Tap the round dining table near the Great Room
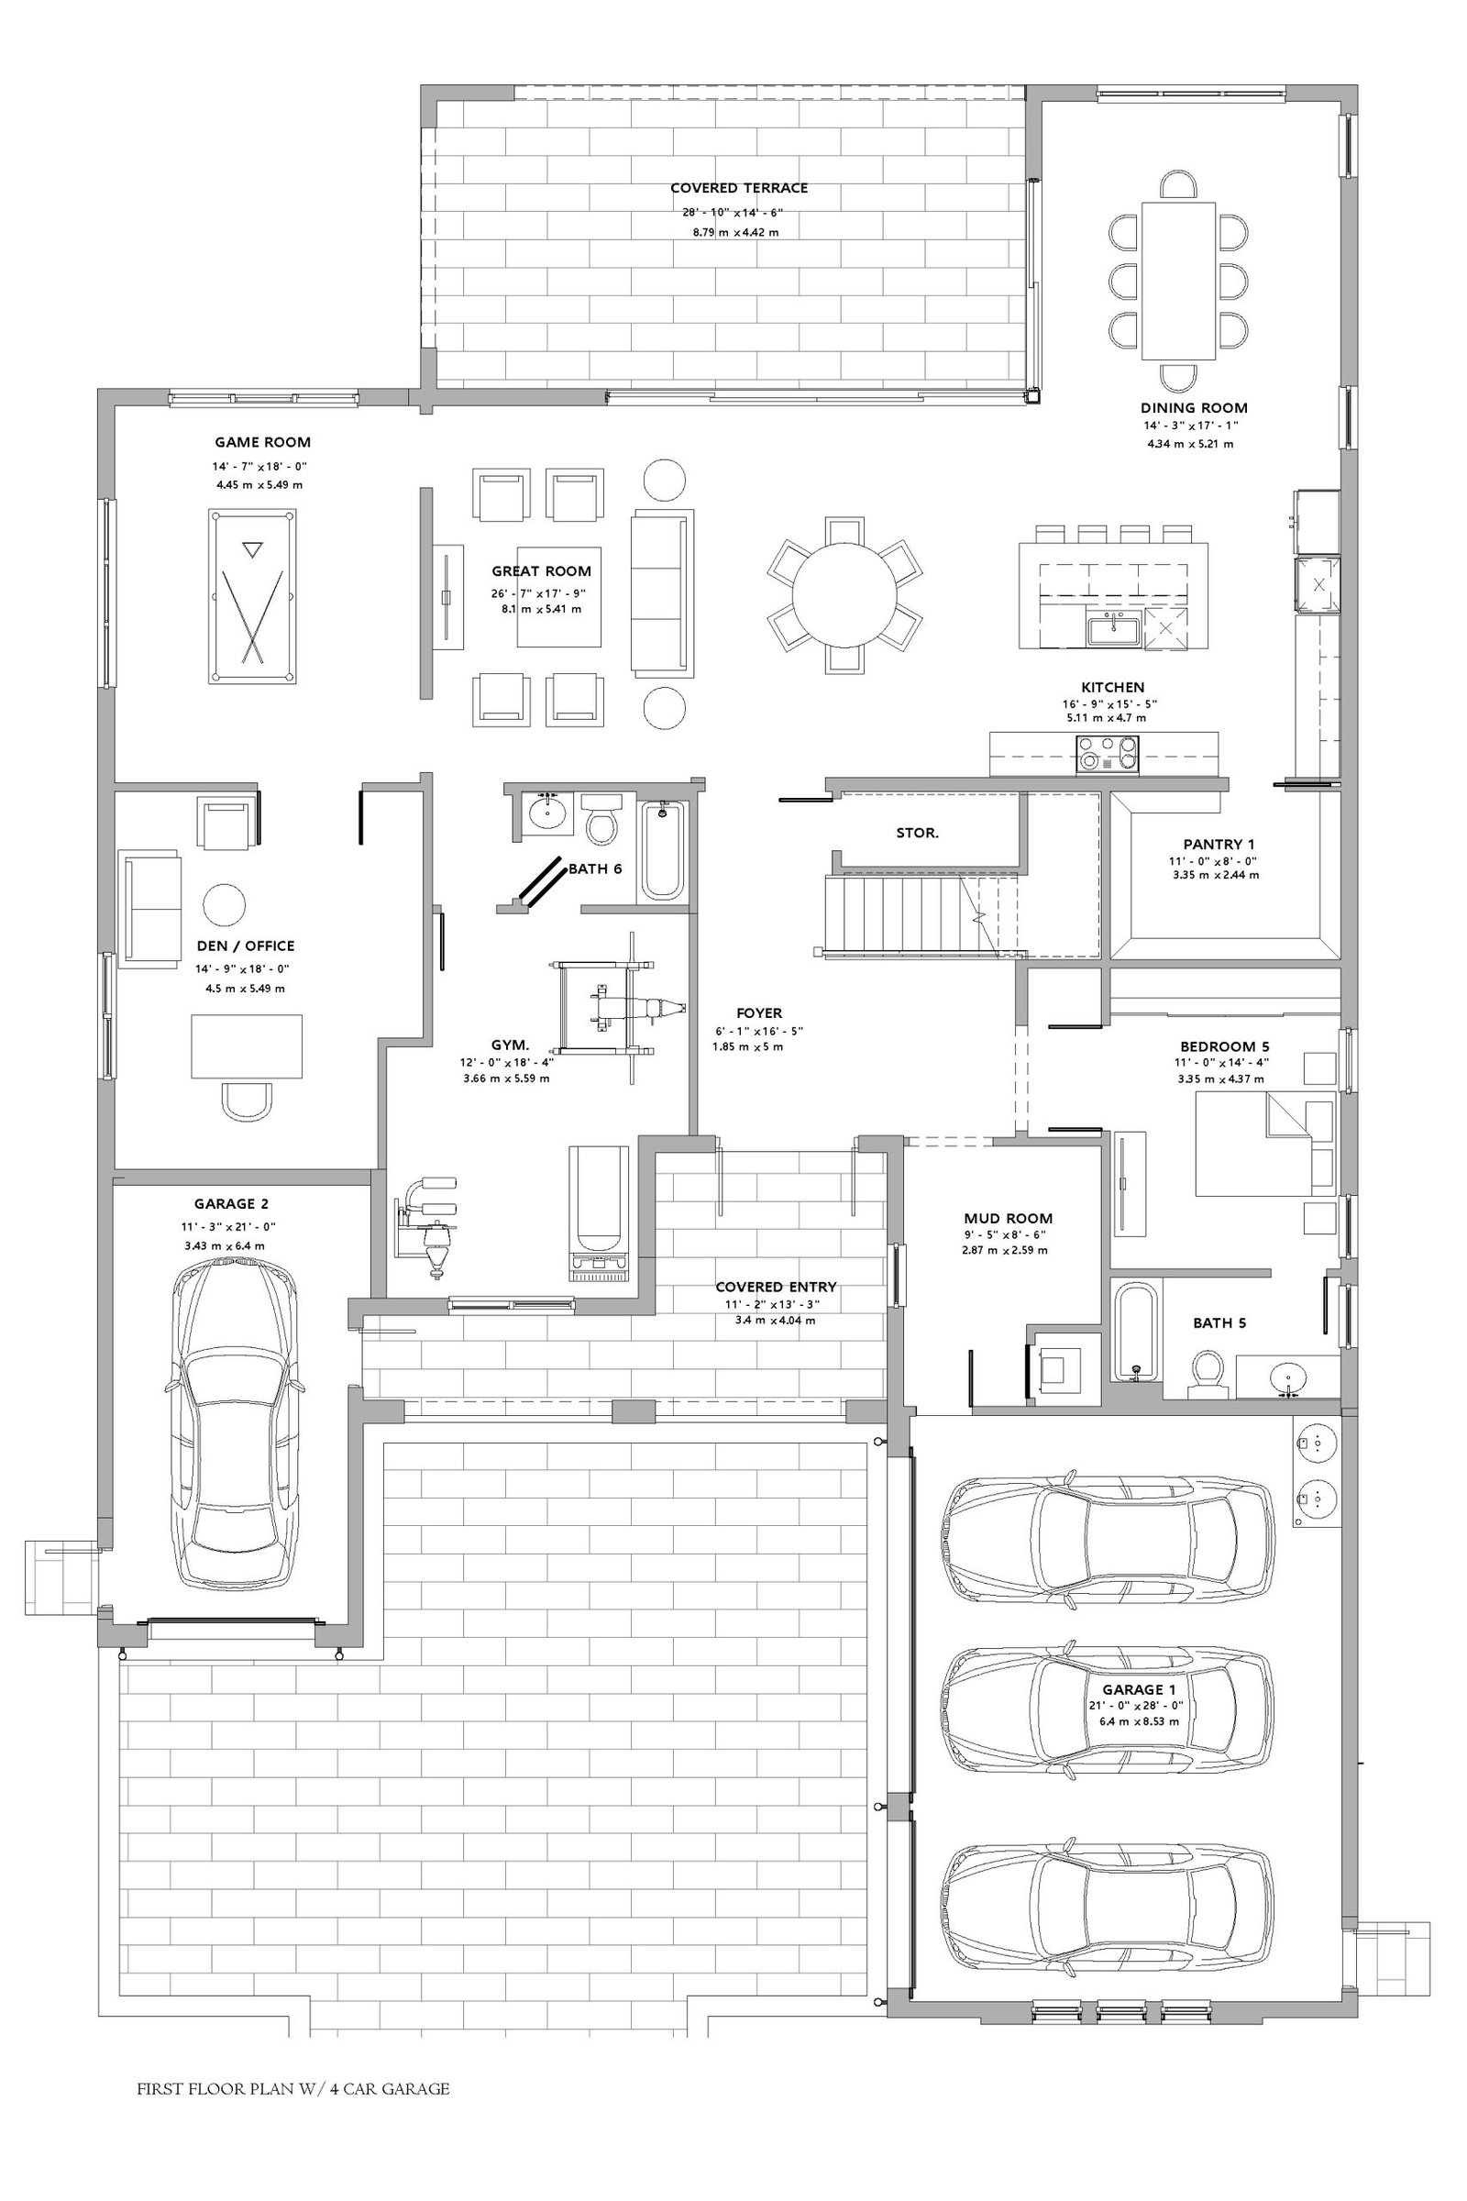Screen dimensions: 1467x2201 pyautogui.click(x=844, y=595)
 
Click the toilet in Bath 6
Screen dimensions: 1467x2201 pyautogui.click(x=600, y=819)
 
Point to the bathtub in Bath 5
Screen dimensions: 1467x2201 pyautogui.click(x=1136, y=1331)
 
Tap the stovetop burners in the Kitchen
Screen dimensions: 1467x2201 pyautogui.click(x=1108, y=752)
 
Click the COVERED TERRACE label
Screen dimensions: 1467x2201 pyautogui.click(x=739, y=188)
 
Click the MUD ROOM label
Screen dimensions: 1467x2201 pyautogui.click(x=1008, y=1219)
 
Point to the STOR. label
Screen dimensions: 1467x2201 pyautogui.click(x=917, y=833)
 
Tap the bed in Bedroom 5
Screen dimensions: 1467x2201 pyautogui.click(x=1266, y=1144)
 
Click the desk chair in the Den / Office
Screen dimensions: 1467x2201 pyautogui.click(x=247, y=1100)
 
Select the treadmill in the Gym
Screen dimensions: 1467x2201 pyautogui.click(x=599, y=1212)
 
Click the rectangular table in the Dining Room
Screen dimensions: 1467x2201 pyautogui.click(x=1178, y=281)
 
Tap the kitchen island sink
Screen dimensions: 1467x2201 pyautogui.click(x=1112, y=630)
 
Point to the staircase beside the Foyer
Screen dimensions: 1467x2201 pyautogui.click(x=921, y=915)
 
